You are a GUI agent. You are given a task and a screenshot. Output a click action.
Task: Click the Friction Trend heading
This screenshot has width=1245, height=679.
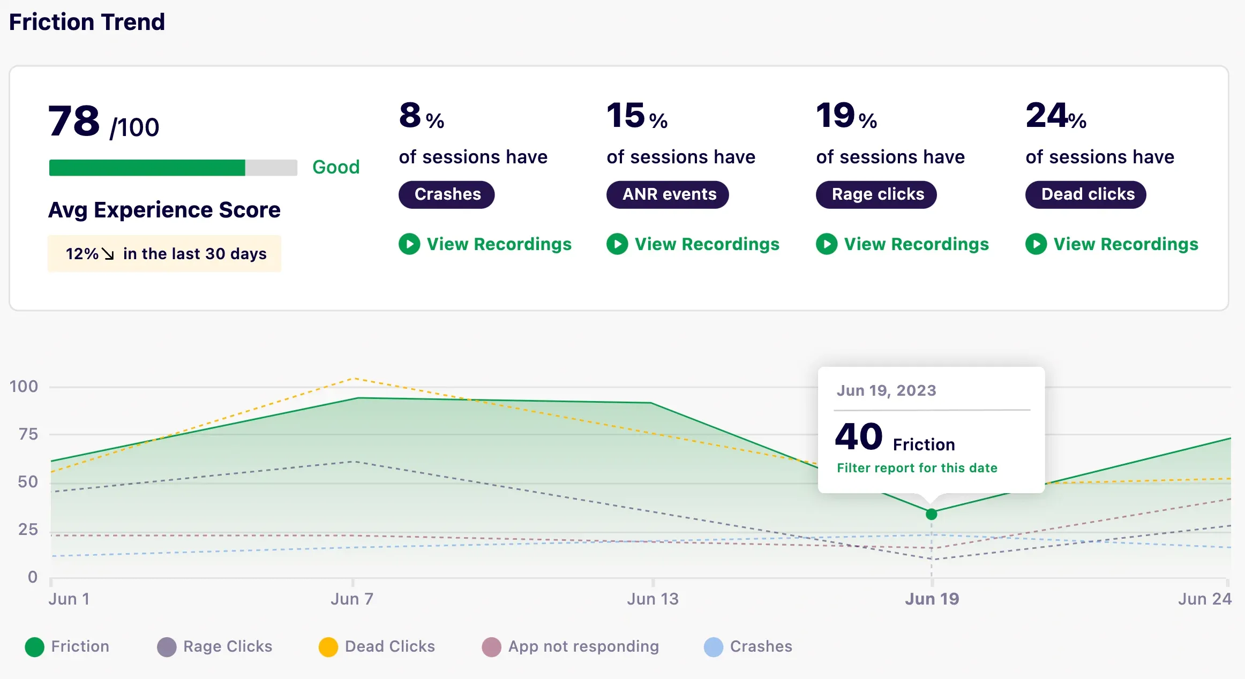click(87, 22)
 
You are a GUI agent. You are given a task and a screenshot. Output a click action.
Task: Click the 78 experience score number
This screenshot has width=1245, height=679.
click(74, 121)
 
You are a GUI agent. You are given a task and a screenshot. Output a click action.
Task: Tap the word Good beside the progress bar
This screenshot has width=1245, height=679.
click(336, 167)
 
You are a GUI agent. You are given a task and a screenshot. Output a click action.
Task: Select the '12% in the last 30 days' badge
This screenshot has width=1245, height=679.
click(164, 253)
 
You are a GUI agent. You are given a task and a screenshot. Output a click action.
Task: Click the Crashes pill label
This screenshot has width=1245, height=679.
click(447, 194)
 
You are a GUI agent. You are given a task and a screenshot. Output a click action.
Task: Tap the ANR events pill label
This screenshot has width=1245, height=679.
click(668, 194)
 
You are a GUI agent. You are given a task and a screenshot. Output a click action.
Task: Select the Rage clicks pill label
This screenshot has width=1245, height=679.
click(876, 194)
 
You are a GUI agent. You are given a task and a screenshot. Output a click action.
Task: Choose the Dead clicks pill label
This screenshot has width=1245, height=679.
click(1086, 194)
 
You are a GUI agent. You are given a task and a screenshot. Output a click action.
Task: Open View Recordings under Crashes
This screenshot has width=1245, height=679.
click(485, 244)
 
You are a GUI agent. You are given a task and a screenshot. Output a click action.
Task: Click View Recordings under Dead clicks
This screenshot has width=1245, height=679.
click(1112, 244)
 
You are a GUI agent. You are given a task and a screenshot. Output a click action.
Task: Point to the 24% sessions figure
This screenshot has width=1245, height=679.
click(1055, 116)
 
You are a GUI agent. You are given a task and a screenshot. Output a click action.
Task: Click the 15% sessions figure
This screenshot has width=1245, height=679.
click(636, 116)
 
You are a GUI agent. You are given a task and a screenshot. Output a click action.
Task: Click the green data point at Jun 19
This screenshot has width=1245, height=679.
click(931, 514)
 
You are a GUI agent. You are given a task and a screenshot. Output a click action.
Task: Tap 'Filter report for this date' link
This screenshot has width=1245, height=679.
click(917, 468)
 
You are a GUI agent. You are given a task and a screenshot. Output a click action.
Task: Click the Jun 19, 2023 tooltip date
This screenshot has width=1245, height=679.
click(887, 390)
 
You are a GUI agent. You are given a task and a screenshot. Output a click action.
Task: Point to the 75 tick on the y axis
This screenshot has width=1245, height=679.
click(28, 434)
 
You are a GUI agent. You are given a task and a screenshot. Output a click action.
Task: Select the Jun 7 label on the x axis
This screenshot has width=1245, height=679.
click(352, 599)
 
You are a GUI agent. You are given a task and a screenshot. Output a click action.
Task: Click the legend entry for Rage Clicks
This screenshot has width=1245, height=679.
click(215, 646)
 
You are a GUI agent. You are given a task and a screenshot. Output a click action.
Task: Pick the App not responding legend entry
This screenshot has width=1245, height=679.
click(571, 646)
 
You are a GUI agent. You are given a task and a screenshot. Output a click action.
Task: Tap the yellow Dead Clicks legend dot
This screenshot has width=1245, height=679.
click(328, 647)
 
